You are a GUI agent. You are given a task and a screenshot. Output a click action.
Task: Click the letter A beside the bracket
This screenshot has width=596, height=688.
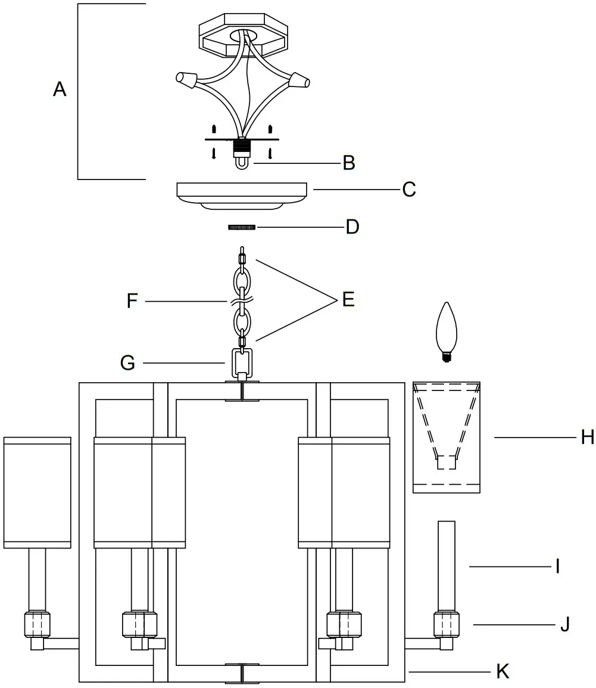(60, 89)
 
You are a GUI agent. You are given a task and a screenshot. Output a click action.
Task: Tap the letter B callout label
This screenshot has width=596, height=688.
(349, 163)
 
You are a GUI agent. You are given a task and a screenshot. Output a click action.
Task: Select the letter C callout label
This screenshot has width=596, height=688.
(408, 190)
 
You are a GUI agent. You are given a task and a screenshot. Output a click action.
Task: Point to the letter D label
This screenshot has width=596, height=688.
(352, 227)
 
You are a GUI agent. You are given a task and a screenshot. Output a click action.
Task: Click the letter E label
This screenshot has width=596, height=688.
(348, 299)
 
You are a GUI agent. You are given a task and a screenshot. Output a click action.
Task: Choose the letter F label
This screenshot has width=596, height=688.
(133, 301)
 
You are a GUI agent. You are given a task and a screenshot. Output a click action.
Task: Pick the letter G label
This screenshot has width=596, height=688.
(127, 362)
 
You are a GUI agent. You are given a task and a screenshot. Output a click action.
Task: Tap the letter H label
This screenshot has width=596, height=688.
(587, 438)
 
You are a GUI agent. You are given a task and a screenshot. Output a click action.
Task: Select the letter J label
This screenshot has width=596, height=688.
(564, 624)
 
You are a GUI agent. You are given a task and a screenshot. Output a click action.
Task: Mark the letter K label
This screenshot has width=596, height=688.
(503, 671)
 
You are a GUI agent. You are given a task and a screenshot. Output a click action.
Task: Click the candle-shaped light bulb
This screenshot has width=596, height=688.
(447, 331)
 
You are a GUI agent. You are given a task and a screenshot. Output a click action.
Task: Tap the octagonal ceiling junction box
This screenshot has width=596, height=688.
(244, 37)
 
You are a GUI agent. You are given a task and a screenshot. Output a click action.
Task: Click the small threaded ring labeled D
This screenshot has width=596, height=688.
(242, 227)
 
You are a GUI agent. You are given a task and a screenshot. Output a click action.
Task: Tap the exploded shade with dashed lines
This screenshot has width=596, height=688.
(447, 438)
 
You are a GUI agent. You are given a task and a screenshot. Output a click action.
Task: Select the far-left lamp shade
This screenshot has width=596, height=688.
(37, 492)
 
